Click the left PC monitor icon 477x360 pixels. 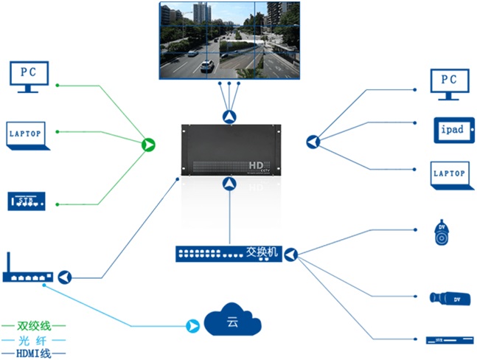29,76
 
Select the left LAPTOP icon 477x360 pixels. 28,135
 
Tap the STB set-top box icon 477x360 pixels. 27,201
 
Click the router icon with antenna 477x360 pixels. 28,274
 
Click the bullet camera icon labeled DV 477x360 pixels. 450,298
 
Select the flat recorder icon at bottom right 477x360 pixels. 448,340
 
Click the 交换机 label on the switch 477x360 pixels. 262,252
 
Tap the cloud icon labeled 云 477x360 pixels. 232,323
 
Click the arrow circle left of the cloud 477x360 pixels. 192,325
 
